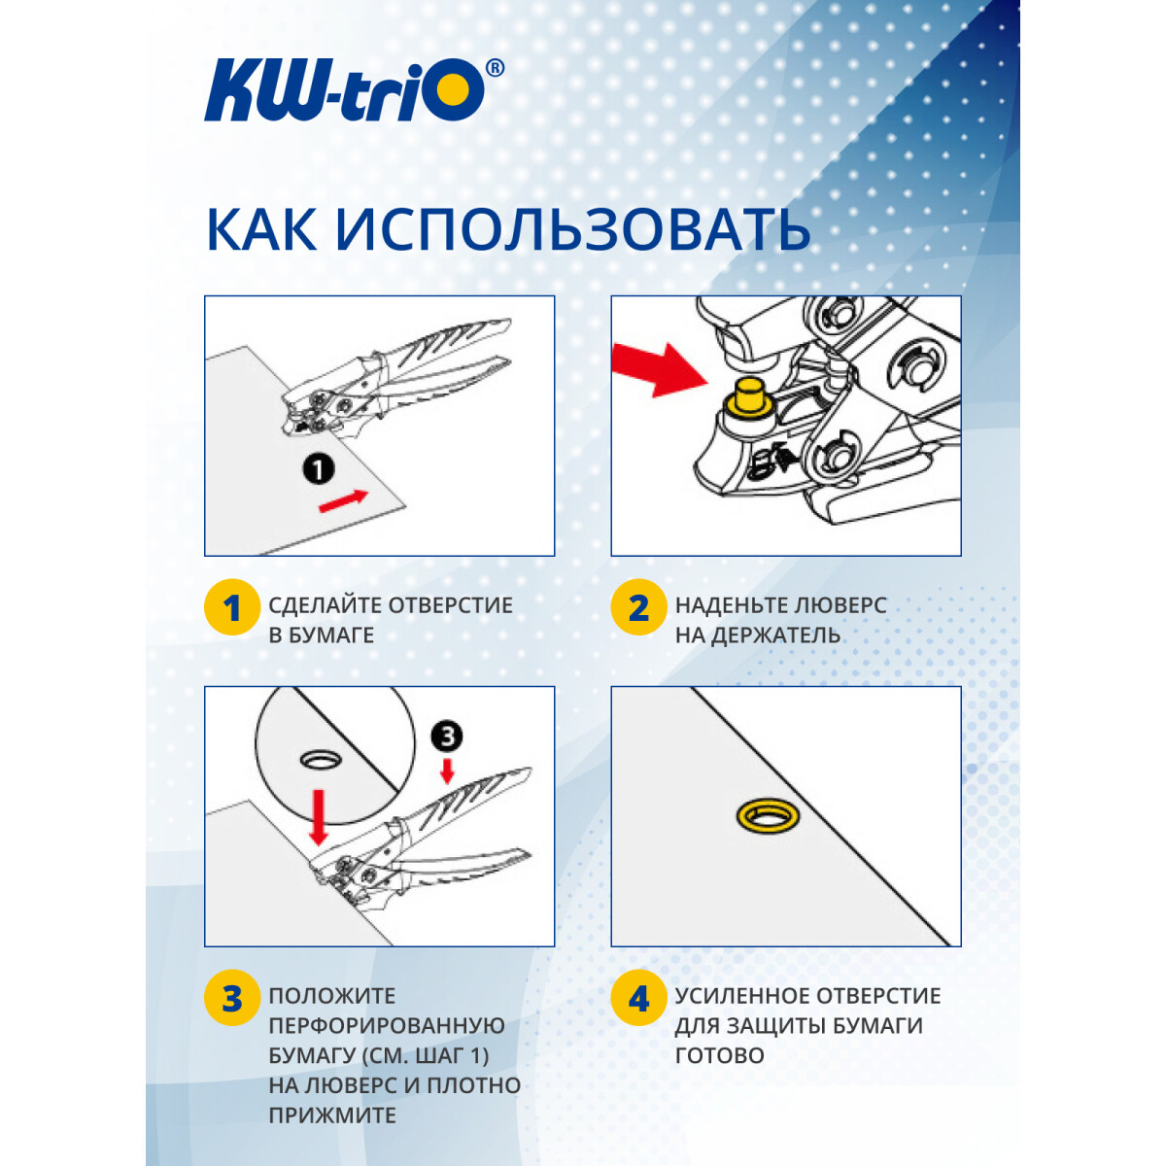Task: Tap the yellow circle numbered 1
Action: pyautogui.click(x=231, y=608)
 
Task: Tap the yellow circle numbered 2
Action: pyautogui.click(x=638, y=608)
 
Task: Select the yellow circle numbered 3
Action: pyautogui.click(x=231, y=998)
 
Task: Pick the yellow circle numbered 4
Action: pyautogui.click(x=638, y=998)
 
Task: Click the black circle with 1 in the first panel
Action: pyautogui.click(x=318, y=469)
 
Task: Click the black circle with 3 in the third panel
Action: pyautogui.click(x=447, y=737)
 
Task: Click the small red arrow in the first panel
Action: pyautogui.click(x=344, y=501)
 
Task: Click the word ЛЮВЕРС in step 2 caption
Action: pyautogui.click(x=837, y=605)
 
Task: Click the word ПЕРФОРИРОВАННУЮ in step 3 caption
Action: pyautogui.click(x=387, y=1026)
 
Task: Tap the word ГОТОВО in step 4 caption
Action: pyautogui.click(x=719, y=1056)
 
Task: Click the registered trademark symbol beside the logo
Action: pyautogui.click(x=495, y=68)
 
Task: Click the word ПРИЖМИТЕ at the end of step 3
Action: pyautogui.click(x=332, y=1115)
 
